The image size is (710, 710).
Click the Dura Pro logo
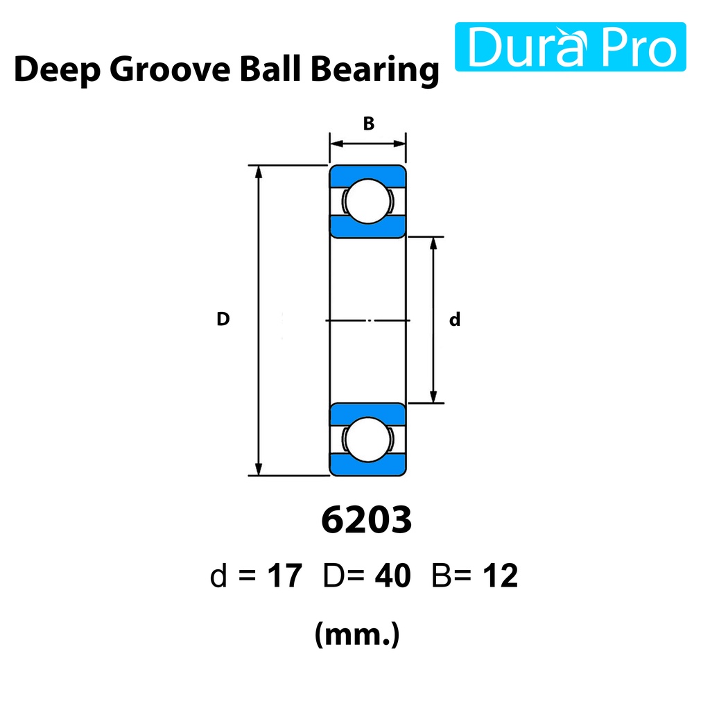pyautogui.click(x=570, y=46)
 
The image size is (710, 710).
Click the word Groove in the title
pyautogui.click(x=170, y=70)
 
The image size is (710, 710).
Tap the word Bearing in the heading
pyautogui.click(x=375, y=70)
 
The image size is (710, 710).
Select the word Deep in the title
pyautogui.click(x=57, y=70)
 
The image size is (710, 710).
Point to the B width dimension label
pyautogui.click(x=369, y=123)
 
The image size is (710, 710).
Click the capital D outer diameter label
pyautogui.click(x=223, y=319)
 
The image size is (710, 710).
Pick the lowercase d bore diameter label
pyautogui.click(x=455, y=319)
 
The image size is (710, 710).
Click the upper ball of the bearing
pyautogui.click(x=367, y=201)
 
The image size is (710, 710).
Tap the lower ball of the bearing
pyautogui.click(x=367, y=439)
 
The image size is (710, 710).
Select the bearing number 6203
pyautogui.click(x=366, y=520)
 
